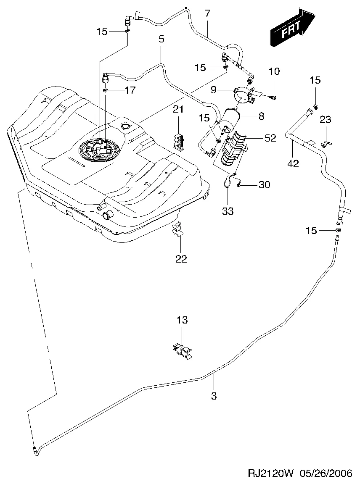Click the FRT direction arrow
point(292,28)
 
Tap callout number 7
point(207,13)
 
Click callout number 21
point(179,110)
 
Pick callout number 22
point(181,259)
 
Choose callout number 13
point(182,320)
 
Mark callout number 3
point(214,395)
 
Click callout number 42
point(293,163)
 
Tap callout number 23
point(326,120)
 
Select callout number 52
point(270,138)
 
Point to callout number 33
point(228,211)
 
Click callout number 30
point(265,184)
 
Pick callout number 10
point(274,71)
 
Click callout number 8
point(262,116)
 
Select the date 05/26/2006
point(326,474)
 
